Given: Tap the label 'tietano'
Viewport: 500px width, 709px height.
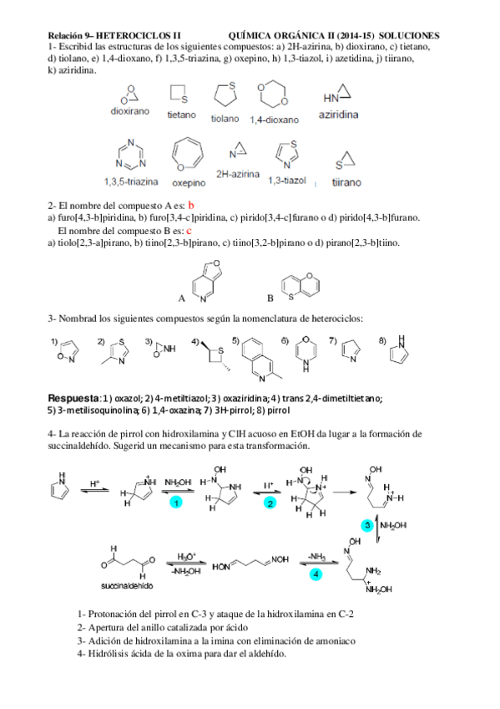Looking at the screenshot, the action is point(181,115).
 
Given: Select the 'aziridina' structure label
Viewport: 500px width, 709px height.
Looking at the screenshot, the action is point(339,115).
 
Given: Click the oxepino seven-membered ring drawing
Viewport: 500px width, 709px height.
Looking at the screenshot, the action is point(187,156).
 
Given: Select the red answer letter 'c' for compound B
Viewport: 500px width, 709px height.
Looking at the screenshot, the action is point(189,230).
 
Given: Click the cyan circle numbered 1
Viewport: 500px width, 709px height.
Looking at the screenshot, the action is point(176,502).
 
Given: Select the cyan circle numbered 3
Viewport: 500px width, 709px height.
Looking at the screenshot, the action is point(366,524).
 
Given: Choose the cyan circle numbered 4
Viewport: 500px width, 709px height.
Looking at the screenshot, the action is point(315,574).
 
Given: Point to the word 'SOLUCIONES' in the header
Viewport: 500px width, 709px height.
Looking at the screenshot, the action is point(409,36).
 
